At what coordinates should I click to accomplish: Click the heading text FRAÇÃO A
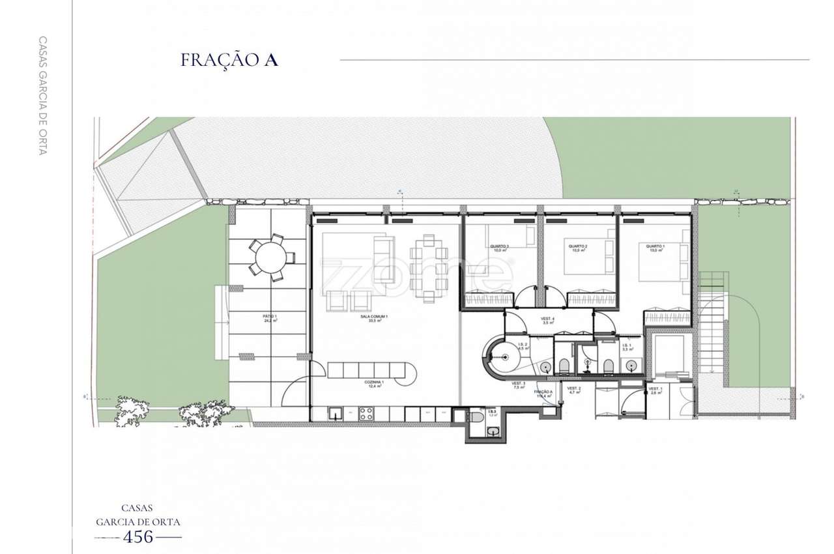(229, 60)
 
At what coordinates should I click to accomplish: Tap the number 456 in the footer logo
(138, 537)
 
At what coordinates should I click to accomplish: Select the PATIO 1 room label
(266, 319)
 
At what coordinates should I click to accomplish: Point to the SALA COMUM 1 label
(374, 319)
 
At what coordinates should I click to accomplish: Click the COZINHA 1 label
(374, 384)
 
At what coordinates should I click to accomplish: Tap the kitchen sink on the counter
(336, 413)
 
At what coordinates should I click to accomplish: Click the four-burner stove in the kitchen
(367, 413)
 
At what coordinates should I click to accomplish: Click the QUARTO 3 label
(500, 248)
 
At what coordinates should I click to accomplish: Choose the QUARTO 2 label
(577, 248)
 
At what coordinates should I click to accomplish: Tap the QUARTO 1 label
(655, 248)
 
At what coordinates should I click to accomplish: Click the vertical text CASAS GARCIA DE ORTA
(43, 95)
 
